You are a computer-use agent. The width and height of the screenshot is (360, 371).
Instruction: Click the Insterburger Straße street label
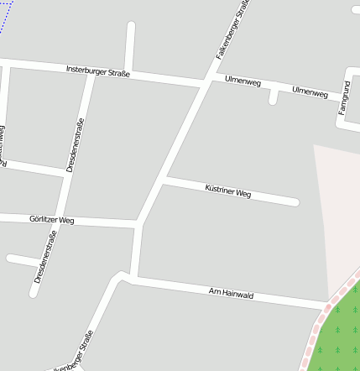click(98, 71)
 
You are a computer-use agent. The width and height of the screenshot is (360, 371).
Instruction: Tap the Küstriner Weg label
click(228, 191)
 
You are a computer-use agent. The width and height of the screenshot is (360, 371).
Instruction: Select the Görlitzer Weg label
click(52, 219)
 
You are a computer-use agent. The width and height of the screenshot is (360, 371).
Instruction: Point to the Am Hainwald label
click(231, 293)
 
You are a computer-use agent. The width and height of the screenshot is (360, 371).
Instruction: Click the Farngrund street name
click(343, 97)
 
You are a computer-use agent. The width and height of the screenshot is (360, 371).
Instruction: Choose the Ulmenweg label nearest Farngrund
click(310, 91)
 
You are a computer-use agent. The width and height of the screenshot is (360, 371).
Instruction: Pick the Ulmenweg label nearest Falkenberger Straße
click(243, 81)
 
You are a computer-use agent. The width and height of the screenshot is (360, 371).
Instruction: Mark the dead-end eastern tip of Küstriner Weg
click(295, 201)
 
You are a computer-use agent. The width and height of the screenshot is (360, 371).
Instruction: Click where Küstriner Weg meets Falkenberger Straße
click(163, 180)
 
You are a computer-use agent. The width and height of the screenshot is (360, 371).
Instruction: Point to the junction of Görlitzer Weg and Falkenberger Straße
click(137, 224)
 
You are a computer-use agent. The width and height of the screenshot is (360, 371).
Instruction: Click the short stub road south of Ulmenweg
click(274, 97)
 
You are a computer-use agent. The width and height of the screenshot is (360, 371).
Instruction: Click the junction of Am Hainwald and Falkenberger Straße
click(133, 277)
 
